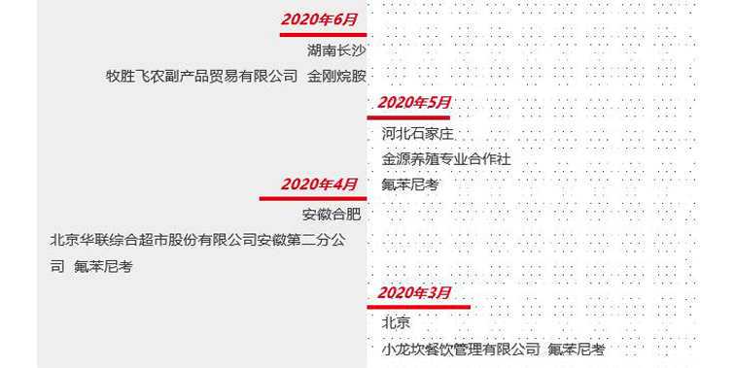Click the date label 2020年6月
pyautogui.click(x=320, y=19)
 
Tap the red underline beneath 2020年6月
pyautogui.click(x=312, y=34)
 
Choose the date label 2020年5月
pyautogui.click(x=414, y=102)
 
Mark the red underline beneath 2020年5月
pyautogui.click(x=408, y=117)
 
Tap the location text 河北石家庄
pyautogui.click(x=418, y=134)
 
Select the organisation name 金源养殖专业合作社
pyautogui.click(x=445, y=159)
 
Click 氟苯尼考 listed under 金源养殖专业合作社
pyautogui.click(x=410, y=184)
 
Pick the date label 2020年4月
pyautogui.click(x=319, y=184)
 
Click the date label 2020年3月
pyautogui.click(x=414, y=292)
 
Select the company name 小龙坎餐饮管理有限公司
pyautogui.click(x=460, y=349)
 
